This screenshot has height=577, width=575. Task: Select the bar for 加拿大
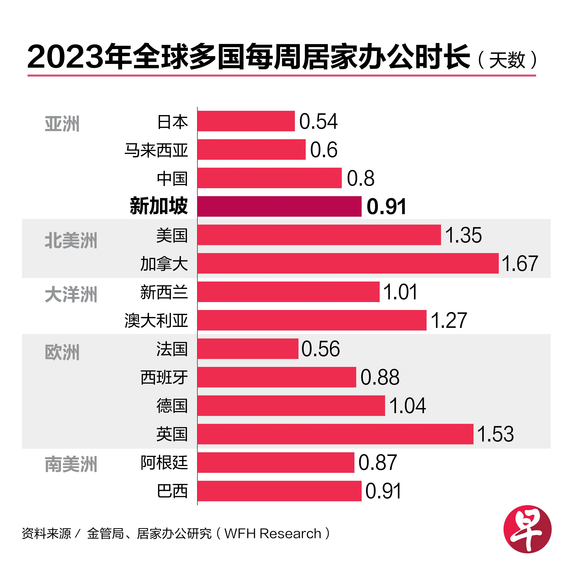point(348,263)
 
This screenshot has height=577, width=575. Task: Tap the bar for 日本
point(246,121)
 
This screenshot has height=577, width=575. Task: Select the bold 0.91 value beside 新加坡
point(386,207)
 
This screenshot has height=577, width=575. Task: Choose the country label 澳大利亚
point(156,320)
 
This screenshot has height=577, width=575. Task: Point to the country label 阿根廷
point(164,463)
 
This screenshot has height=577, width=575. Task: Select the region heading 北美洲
point(71,241)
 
